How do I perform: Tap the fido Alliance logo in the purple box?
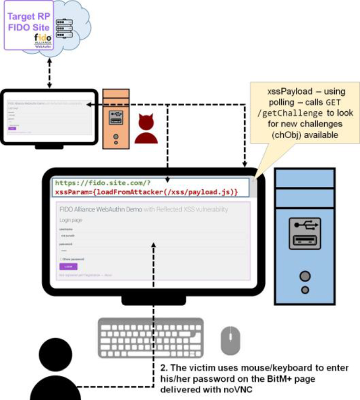tap(42, 39)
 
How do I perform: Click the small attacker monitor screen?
tap(49, 116)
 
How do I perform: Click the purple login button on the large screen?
tap(68, 267)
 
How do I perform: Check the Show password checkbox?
tap(61, 259)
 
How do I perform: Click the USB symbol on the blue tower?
tap(304, 226)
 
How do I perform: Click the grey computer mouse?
tap(230, 340)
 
